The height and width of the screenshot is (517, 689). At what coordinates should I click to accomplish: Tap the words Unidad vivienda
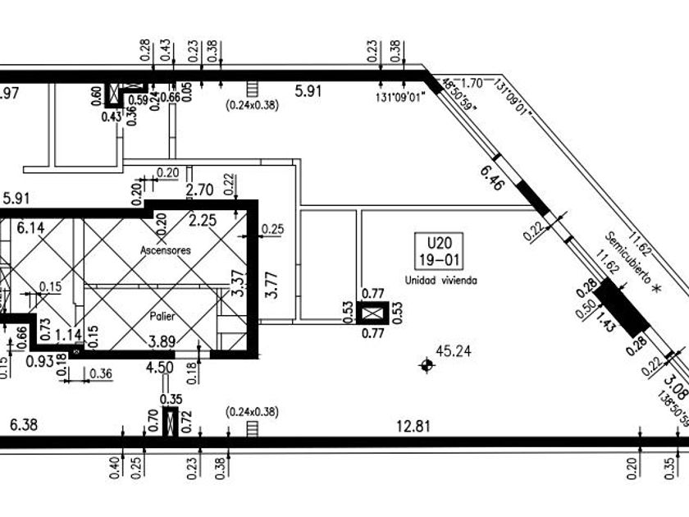440,280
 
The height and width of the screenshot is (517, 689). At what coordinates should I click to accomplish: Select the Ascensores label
165,250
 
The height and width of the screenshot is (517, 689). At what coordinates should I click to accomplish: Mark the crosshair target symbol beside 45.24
426,364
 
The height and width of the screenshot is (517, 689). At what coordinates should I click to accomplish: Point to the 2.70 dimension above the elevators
199,190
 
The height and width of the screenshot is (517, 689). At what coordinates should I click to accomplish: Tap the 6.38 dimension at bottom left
23,426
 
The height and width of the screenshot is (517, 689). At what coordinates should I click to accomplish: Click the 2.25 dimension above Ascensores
203,220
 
